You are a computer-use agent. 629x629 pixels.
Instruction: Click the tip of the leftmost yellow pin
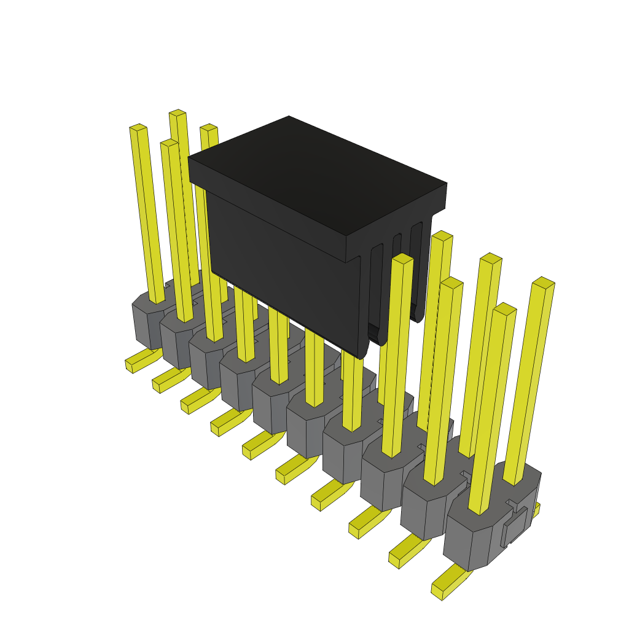tap(138, 127)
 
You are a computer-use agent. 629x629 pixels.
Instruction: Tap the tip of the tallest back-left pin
tap(178, 112)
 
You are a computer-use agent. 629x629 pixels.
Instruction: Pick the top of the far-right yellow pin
tap(544, 282)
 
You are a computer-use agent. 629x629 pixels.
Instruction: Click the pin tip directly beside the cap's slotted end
tap(402, 259)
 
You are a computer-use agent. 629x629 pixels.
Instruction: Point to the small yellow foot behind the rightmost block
tap(536, 509)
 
